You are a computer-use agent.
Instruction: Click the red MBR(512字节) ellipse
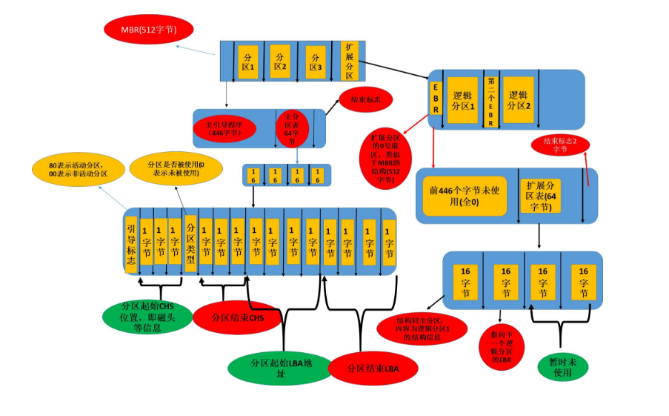tap(148, 30)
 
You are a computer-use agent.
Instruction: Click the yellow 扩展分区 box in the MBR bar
tap(349, 61)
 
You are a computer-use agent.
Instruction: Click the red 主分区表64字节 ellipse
tap(292, 128)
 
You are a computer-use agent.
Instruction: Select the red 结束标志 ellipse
tap(365, 99)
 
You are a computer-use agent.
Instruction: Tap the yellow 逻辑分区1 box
tap(464, 100)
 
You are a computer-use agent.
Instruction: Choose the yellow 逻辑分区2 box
tap(517, 100)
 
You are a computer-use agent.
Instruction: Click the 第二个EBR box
tap(490, 102)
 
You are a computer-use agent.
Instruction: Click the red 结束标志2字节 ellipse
tap(560, 144)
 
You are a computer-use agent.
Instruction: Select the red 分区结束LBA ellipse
tap(373, 368)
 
